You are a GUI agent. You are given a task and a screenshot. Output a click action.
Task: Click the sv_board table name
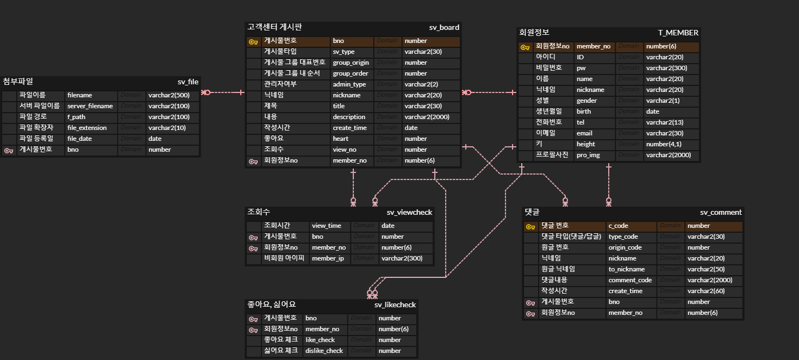click(444, 27)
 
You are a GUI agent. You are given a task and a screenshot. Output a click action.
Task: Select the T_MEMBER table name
click(678, 33)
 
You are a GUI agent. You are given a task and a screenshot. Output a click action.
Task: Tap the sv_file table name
click(188, 82)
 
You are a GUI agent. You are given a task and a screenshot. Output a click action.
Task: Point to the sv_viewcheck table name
click(409, 212)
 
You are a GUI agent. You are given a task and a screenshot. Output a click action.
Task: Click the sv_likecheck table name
click(395, 305)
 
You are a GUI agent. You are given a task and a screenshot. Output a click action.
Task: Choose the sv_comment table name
click(721, 212)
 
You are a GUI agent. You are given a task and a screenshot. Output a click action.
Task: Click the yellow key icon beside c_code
click(530, 226)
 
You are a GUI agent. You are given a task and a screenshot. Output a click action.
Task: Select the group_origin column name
click(351, 63)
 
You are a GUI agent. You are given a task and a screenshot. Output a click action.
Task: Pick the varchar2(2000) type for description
click(427, 117)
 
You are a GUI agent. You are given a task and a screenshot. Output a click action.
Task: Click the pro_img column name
click(589, 155)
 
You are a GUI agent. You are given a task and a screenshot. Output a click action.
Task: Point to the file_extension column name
click(87, 128)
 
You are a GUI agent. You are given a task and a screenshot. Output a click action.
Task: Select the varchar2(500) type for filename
click(169, 95)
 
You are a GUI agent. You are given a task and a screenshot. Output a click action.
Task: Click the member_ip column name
click(328, 258)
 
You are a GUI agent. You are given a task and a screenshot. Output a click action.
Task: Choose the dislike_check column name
click(324, 351)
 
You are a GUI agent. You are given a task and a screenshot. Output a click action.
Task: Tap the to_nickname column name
click(627, 269)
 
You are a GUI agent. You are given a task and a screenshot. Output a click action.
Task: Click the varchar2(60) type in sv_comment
click(705, 291)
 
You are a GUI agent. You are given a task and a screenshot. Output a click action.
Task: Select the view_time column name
click(327, 226)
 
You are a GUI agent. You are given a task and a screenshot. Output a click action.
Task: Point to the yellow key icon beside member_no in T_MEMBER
click(525, 47)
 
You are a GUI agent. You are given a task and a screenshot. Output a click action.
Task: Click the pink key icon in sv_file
click(8, 150)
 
